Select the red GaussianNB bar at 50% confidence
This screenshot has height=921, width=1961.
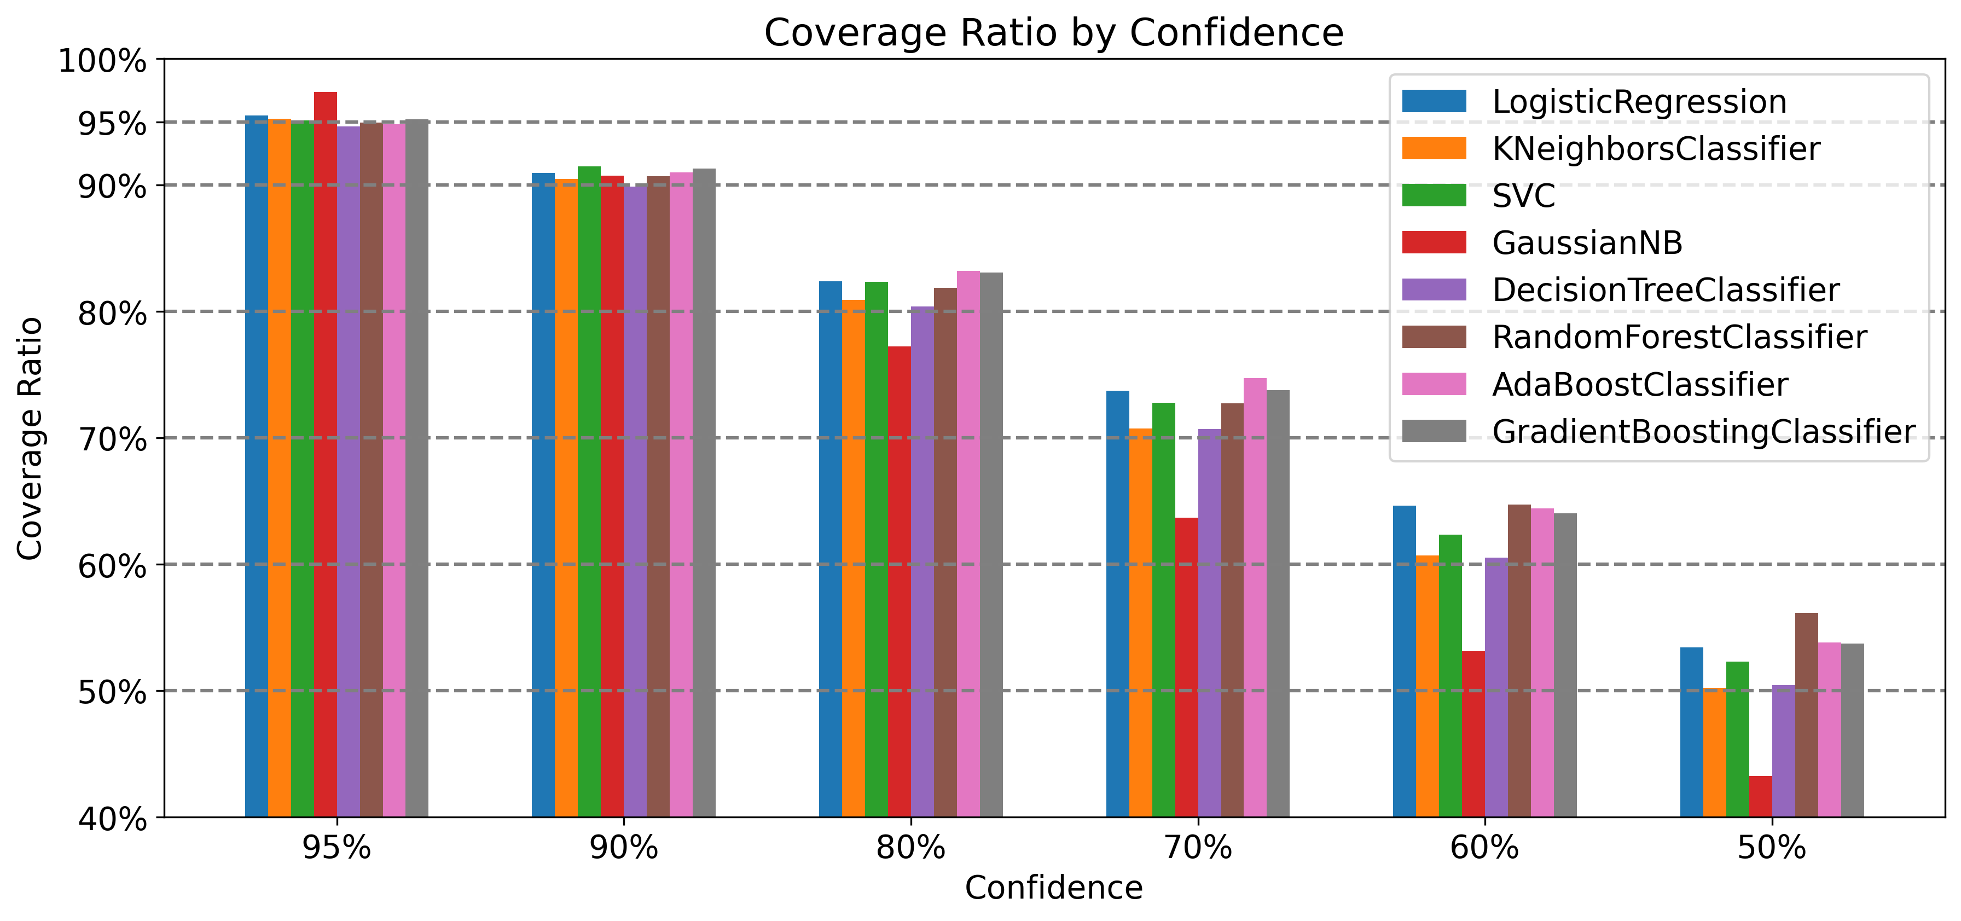tap(1760, 796)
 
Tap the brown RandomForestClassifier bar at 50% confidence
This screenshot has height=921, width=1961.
tap(1807, 715)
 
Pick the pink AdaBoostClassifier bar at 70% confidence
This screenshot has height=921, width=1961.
tap(1255, 598)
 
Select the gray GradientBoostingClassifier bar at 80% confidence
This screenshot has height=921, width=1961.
tap(991, 544)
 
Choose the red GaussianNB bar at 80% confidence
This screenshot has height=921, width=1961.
tap(899, 582)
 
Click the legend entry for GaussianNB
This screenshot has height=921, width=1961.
tap(1587, 243)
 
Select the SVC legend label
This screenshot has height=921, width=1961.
tap(1523, 195)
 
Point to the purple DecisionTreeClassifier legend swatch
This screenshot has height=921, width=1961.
tap(1434, 290)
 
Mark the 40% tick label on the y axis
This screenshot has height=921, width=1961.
tap(113, 819)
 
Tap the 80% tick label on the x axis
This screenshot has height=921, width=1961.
tap(910, 847)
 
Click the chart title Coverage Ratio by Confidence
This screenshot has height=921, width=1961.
tap(1054, 33)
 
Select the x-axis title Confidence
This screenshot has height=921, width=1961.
tap(1054, 888)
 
